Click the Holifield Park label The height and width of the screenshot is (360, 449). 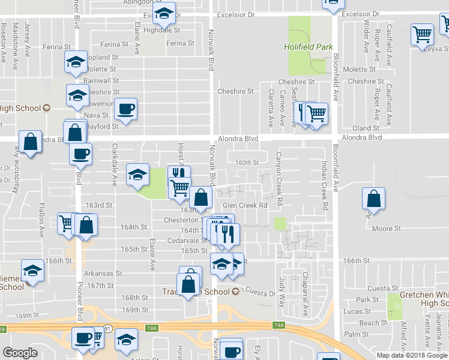pyautogui.click(x=304, y=47)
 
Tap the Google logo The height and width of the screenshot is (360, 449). pyautogui.click(x=20, y=353)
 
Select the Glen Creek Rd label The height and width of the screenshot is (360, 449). pyautogui.click(x=244, y=205)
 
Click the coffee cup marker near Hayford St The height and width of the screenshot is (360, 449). pyautogui.click(x=125, y=109)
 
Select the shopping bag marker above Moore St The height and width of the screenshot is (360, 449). pyautogui.click(x=373, y=200)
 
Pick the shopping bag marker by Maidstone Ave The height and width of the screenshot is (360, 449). pyautogui.click(x=30, y=142)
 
